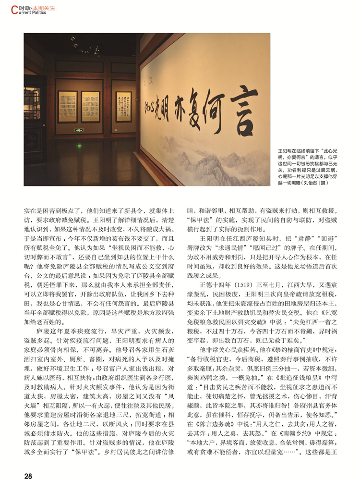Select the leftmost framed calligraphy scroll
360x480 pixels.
67,107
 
